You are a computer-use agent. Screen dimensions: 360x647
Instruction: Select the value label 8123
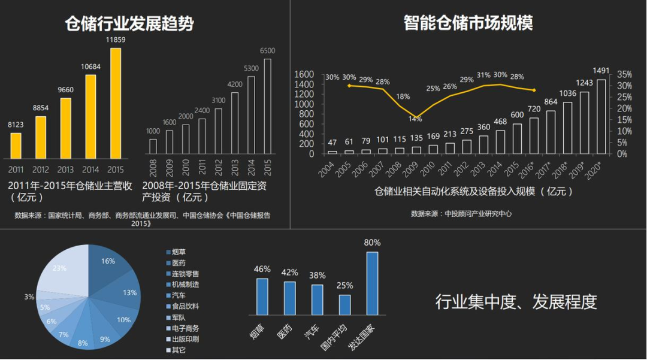point(16,125)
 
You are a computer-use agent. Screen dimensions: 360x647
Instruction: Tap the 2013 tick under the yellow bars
point(66,170)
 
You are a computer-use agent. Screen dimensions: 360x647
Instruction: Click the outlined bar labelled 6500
point(268,106)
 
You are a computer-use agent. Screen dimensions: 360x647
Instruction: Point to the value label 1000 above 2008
point(153,131)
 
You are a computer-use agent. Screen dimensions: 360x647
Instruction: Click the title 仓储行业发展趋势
point(129,23)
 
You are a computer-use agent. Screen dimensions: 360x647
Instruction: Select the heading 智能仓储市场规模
point(468,23)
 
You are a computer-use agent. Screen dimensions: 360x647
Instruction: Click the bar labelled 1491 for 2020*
point(601,116)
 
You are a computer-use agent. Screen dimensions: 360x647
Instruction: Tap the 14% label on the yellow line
point(415,119)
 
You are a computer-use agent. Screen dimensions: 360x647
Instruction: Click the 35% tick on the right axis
point(624,74)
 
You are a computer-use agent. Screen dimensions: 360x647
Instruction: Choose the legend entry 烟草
point(179,252)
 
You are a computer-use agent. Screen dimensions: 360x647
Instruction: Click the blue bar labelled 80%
point(372,283)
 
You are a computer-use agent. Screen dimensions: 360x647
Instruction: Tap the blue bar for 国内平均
point(344,304)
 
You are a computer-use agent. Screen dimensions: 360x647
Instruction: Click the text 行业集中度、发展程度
point(516,301)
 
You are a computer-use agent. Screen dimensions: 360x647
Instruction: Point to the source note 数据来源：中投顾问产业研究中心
point(461,213)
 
